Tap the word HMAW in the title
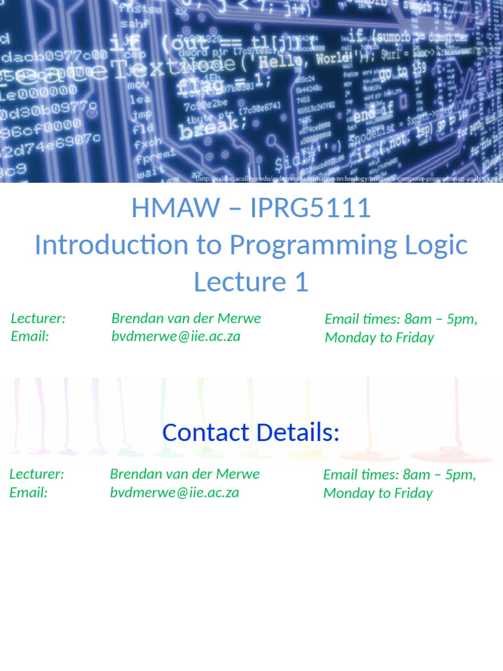pyautogui.click(x=176, y=208)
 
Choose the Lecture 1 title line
pyautogui.click(x=251, y=282)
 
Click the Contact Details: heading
pyautogui.click(x=251, y=432)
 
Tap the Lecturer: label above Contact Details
pyautogui.click(x=38, y=318)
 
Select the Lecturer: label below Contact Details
pyautogui.click(x=37, y=474)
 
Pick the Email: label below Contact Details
pyautogui.click(x=29, y=493)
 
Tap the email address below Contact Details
pyautogui.click(x=174, y=493)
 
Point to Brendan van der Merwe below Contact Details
pyautogui.click(x=185, y=474)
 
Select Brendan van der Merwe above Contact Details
pyautogui.click(x=186, y=318)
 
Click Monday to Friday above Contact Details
pyautogui.click(x=379, y=338)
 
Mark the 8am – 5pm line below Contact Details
pyautogui.click(x=400, y=474)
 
